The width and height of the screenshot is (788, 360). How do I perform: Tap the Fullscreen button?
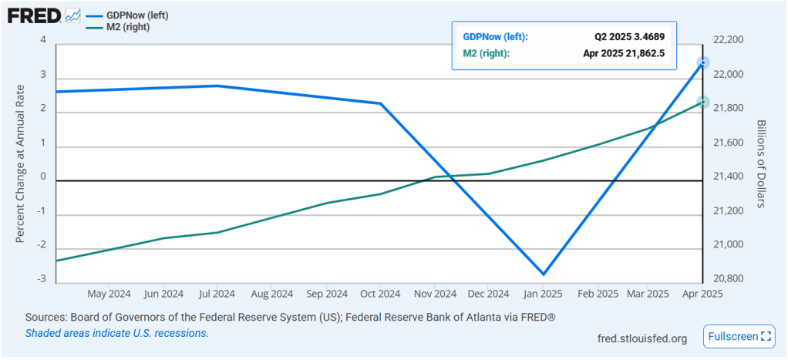click(737, 336)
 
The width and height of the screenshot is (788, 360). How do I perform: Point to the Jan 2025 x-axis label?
click(543, 294)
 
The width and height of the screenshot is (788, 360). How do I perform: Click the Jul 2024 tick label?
click(217, 294)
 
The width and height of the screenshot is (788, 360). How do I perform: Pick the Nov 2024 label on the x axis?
click(434, 294)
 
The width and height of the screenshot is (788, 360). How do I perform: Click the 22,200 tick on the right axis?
click(728, 40)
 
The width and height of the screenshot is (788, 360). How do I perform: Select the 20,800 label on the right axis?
click(728, 278)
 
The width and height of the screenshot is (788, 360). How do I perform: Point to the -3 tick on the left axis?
click(43, 278)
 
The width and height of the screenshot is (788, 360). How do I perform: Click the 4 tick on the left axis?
click(43, 40)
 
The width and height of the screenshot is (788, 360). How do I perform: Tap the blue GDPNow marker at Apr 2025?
click(702, 62)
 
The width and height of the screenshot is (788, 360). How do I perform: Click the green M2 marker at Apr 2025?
click(702, 102)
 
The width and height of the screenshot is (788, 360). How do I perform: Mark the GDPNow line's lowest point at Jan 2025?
click(544, 274)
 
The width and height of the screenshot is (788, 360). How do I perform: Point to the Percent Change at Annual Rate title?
click(21, 163)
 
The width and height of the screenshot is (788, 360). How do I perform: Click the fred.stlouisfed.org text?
click(642, 338)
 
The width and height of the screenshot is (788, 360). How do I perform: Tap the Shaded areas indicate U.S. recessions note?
click(116, 333)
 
